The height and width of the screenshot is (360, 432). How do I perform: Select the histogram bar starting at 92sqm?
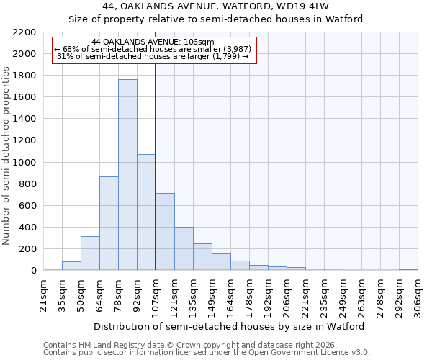(x=146, y=212)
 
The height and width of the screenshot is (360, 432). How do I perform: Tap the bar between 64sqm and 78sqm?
(x=109, y=223)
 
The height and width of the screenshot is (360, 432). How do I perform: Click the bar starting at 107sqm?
(x=165, y=232)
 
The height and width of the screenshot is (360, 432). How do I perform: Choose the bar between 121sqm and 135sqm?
(x=184, y=249)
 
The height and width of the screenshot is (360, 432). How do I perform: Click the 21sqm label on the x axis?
(x=43, y=294)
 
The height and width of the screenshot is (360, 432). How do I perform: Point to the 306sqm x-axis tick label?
(x=418, y=294)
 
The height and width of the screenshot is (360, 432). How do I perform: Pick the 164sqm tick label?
(x=230, y=294)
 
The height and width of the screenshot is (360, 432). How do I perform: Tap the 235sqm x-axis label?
(x=324, y=294)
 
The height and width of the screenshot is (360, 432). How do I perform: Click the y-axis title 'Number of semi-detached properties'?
(x=7, y=156)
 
